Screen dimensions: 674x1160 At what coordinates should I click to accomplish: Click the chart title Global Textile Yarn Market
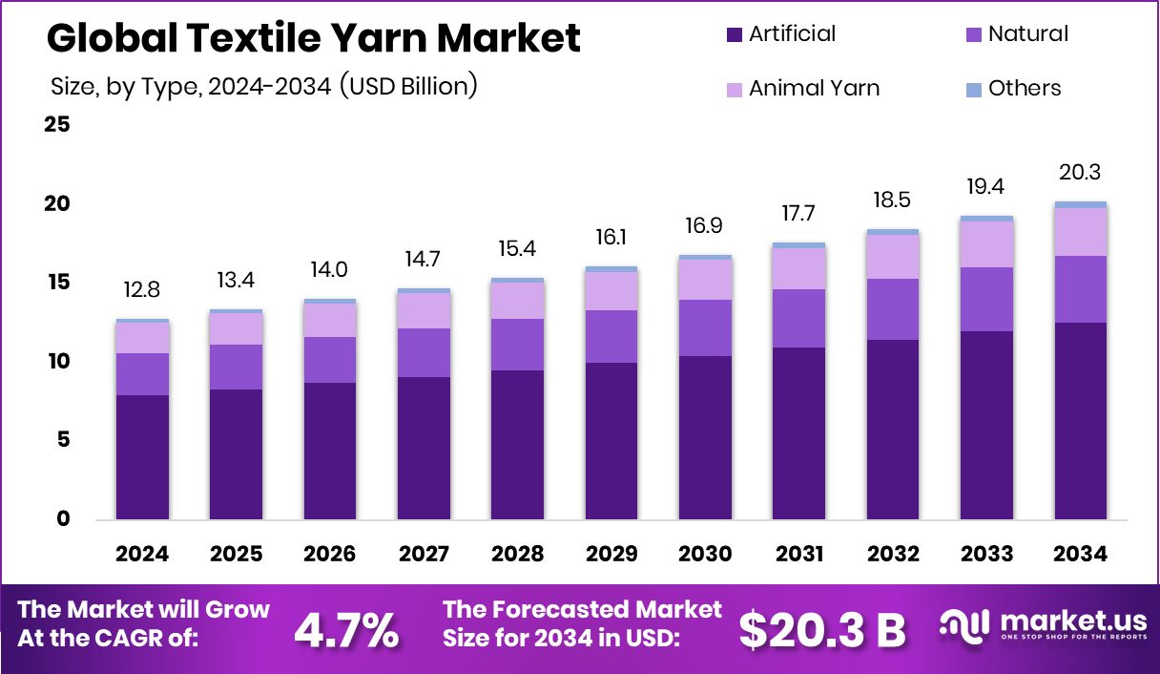313,38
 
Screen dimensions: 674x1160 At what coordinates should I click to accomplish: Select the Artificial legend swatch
734,34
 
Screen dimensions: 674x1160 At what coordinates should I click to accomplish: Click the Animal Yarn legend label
814,89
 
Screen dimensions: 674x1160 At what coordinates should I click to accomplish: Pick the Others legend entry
1024,89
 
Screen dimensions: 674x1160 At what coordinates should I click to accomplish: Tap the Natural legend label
1027,34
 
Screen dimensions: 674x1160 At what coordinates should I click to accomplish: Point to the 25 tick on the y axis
57,125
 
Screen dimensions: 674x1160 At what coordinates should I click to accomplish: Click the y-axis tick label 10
57,362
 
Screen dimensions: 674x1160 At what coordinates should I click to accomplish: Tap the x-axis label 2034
1080,555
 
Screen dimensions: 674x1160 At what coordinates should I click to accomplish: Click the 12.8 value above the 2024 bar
141,290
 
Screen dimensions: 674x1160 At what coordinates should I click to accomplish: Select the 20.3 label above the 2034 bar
1080,173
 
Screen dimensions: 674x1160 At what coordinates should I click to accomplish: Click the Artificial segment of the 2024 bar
142,457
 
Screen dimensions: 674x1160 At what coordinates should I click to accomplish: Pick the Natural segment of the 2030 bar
705,327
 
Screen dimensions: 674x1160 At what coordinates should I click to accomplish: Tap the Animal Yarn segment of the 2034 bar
1081,232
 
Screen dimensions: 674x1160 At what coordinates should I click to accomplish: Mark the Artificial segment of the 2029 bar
611,441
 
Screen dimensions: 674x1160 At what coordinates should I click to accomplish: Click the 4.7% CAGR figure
345,630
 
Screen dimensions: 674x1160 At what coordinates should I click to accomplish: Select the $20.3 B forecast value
821,630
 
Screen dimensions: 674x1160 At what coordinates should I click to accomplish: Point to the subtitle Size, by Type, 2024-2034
263,86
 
